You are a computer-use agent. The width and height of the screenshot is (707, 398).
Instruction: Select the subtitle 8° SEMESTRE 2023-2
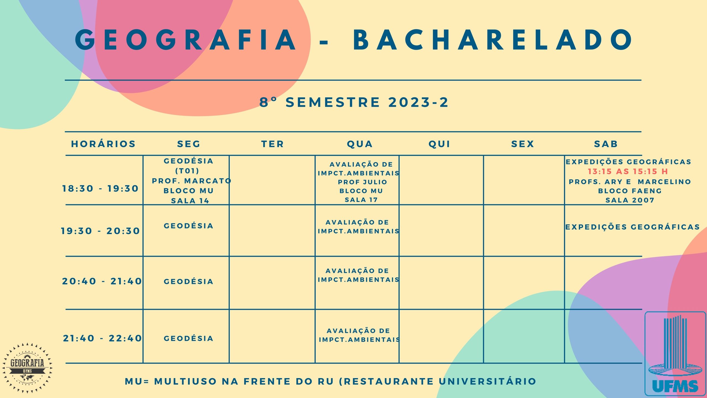pyautogui.click(x=354, y=102)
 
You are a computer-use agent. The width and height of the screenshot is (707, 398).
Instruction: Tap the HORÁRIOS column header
pyautogui.click(x=103, y=144)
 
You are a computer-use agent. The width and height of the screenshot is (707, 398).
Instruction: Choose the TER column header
pyautogui.click(x=273, y=144)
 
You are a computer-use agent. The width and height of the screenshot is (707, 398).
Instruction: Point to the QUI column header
pyautogui.click(x=439, y=144)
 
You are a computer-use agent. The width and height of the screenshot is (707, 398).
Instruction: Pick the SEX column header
pyautogui.click(x=523, y=144)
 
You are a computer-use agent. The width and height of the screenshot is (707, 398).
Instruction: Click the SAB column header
pyautogui.click(x=606, y=144)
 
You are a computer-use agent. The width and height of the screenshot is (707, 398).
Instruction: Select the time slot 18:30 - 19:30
pyautogui.click(x=100, y=188)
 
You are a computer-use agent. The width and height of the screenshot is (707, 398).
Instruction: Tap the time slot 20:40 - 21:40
pyautogui.click(x=102, y=281)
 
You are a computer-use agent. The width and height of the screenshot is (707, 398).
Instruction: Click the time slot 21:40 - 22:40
pyautogui.click(x=102, y=338)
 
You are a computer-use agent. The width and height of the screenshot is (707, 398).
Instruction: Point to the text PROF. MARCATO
pyautogui.click(x=192, y=181)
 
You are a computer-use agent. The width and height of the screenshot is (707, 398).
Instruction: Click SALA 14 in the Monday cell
pyautogui.click(x=190, y=201)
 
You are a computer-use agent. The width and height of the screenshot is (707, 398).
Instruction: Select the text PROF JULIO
pyautogui.click(x=363, y=182)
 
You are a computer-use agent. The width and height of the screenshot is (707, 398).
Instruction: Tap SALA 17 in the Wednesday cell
pyautogui.click(x=361, y=200)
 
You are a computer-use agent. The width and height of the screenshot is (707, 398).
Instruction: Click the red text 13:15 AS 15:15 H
pyautogui.click(x=628, y=171)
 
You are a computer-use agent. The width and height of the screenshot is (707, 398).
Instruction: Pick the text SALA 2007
pyautogui.click(x=630, y=200)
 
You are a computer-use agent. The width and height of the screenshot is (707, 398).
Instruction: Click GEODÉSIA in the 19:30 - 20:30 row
pyautogui.click(x=189, y=226)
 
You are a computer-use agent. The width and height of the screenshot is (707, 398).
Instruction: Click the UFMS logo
pyautogui.click(x=675, y=354)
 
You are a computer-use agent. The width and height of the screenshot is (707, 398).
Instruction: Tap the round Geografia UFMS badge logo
pyautogui.click(x=27, y=368)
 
